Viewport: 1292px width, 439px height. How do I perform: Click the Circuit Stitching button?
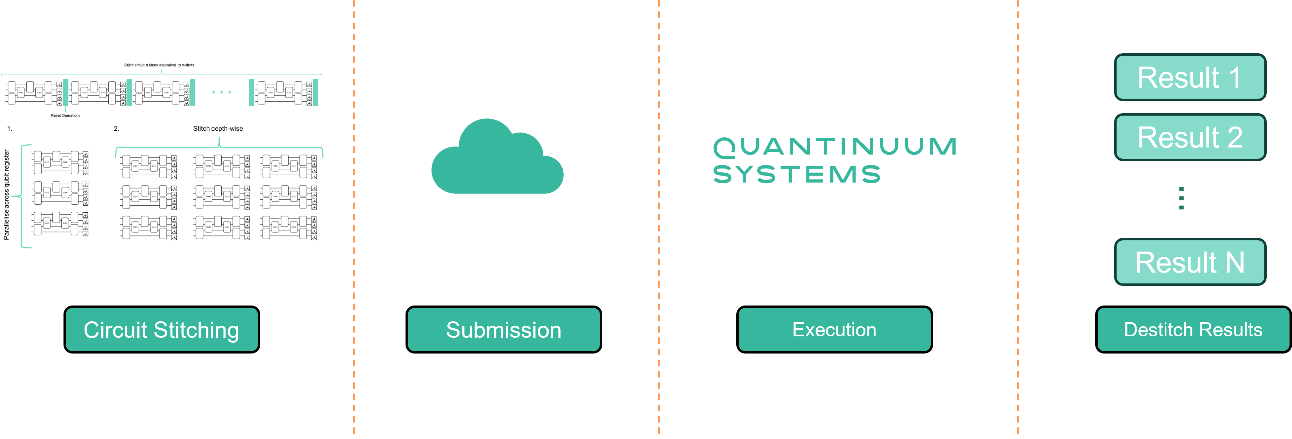click(x=161, y=329)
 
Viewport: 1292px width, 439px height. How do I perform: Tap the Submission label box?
click(x=503, y=329)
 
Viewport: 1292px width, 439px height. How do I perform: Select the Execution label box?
click(x=834, y=329)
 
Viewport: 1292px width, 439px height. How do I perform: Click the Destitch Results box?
click(x=1193, y=329)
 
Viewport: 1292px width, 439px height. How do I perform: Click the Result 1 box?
click(x=1190, y=78)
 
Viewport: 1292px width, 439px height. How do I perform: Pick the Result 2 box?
click(x=1190, y=137)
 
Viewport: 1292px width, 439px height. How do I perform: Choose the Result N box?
click(x=1190, y=262)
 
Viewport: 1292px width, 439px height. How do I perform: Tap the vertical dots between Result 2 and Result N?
click(x=1181, y=198)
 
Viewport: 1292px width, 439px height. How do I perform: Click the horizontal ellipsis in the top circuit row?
click(x=222, y=92)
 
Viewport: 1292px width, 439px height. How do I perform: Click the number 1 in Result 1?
click(x=1235, y=78)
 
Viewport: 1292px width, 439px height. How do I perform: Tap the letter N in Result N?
click(x=1235, y=262)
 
